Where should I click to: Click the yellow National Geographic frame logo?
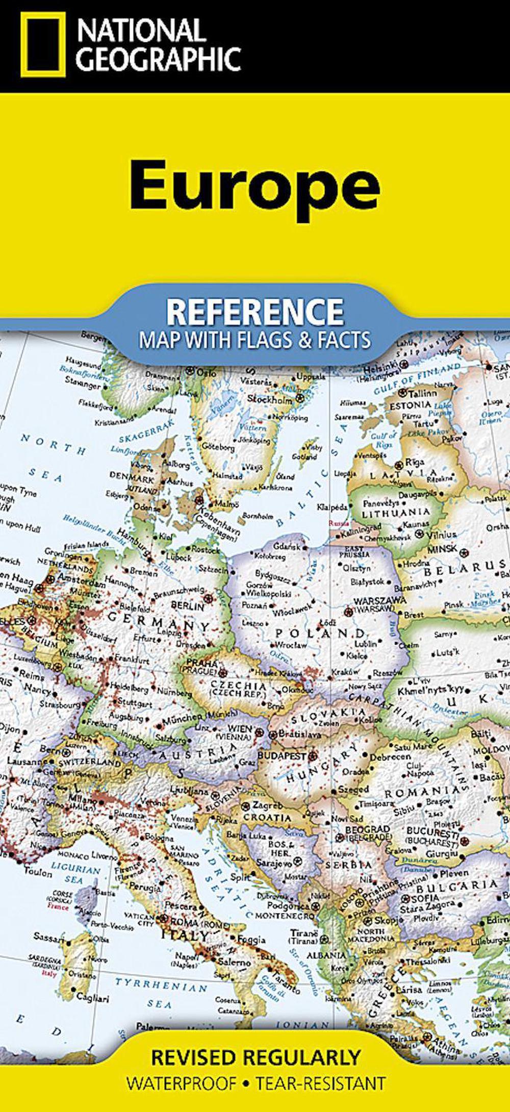[x=43, y=44]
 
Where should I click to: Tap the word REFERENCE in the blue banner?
[x=254, y=312]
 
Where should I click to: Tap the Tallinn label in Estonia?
[x=422, y=393]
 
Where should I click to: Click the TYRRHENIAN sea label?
[x=161, y=985]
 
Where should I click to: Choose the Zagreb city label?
[x=267, y=805]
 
